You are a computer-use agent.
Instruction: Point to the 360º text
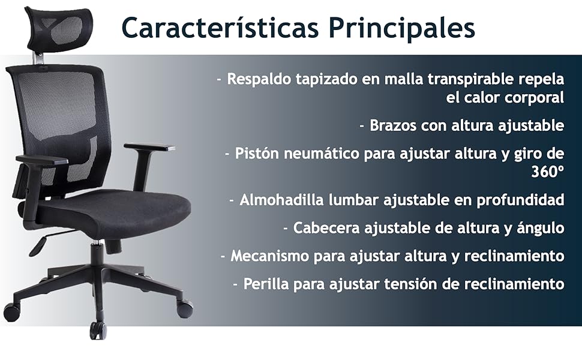point(548,172)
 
